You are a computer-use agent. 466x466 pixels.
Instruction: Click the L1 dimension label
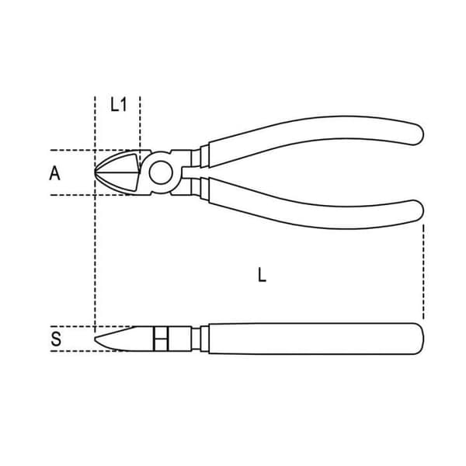119,105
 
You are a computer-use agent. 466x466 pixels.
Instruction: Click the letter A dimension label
54,173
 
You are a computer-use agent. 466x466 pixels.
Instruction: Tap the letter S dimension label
56,339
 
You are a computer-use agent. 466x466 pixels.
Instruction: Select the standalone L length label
262,275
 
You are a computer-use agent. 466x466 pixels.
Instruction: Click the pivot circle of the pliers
161,172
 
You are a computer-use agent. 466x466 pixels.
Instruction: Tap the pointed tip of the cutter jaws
95,172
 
